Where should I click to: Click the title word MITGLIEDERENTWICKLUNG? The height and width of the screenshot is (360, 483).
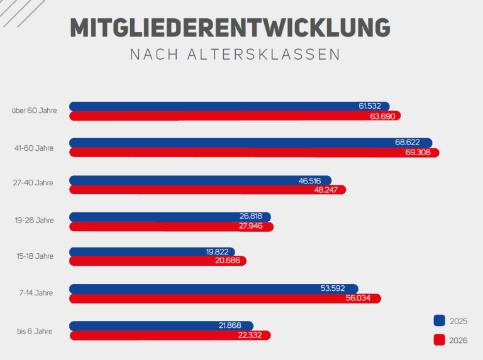[230, 28]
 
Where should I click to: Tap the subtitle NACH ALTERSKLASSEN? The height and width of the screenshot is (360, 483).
[235, 55]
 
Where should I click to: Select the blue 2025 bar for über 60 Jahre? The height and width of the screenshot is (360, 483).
[214, 106]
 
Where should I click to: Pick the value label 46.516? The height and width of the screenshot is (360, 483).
[312, 180]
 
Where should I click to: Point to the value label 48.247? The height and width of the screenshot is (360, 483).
[327, 189]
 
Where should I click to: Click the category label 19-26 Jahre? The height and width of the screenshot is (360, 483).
[35, 221]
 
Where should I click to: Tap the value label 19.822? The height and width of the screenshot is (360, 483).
[218, 252]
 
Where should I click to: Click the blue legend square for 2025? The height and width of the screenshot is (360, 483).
[440, 320]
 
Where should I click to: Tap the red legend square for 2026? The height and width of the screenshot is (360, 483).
[440, 340]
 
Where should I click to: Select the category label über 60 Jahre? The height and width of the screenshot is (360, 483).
[34, 111]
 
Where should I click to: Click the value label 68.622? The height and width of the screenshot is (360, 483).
[408, 143]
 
